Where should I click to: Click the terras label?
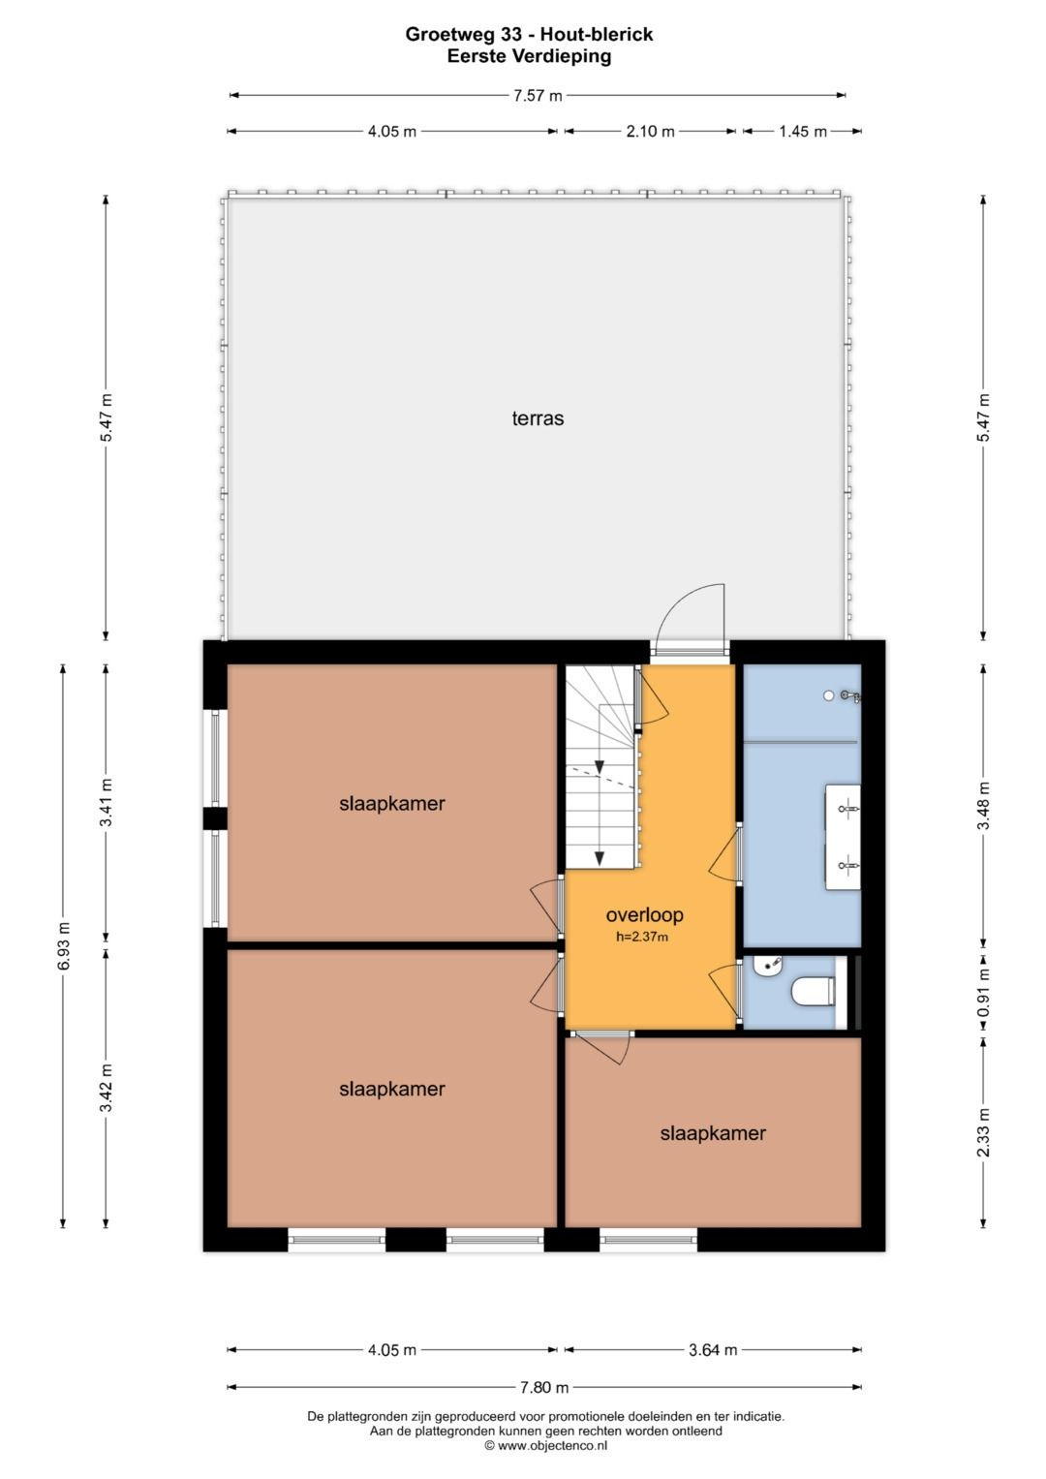click(x=538, y=418)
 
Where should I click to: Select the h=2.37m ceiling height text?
click(x=642, y=937)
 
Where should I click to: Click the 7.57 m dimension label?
click(x=538, y=96)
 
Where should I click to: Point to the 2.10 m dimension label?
click(x=651, y=132)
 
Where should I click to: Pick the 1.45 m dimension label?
click(x=802, y=132)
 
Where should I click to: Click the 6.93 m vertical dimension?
click(x=64, y=947)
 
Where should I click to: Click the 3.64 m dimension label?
click(x=713, y=1350)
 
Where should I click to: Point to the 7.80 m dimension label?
click(x=544, y=1387)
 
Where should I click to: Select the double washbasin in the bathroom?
click(x=844, y=837)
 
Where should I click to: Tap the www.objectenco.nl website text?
click(x=552, y=1445)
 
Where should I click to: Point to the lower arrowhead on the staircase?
click(x=600, y=858)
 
